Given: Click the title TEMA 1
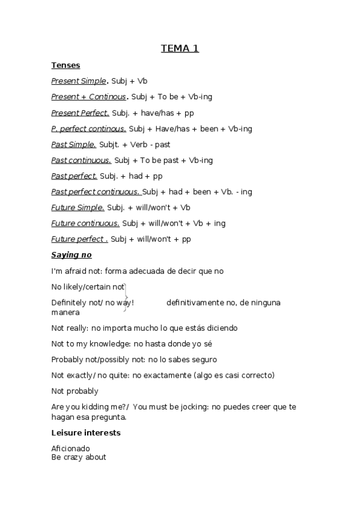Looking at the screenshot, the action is click(x=180, y=49).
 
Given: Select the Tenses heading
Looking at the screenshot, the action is click(x=66, y=65).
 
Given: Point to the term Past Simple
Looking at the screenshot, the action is click(x=73, y=144).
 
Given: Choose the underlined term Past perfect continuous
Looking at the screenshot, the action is click(x=96, y=192).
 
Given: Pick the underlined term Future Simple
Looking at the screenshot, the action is click(x=78, y=207).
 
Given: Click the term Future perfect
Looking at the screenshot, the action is click(x=79, y=239).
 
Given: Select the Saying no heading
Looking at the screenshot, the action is click(x=71, y=255).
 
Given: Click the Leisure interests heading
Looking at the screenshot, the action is click(x=86, y=432).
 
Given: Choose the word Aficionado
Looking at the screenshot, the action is click(x=70, y=448).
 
